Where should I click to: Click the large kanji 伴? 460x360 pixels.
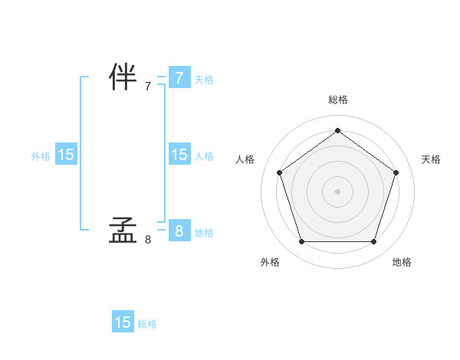pyautogui.click(x=123, y=78)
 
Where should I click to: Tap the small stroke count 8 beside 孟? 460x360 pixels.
pyautogui.click(x=148, y=240)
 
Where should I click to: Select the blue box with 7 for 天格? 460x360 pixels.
pyautogui.click(x=179, y=78)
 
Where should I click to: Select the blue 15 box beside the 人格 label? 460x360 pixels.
pyautogui.click(x=179, y=155)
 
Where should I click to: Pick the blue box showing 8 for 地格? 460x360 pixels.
pyautogui.click(x=179, y=231)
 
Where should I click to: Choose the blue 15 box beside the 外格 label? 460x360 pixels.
pyautogui.click(x=66, y=155)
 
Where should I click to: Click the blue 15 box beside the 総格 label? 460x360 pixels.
pyautogui.click(x=123, y=322)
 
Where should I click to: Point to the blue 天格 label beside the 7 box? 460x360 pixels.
pyautogui.click(x=204, y=80)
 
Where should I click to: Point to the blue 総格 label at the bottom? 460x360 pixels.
pyautogui.click(x=147, y=324)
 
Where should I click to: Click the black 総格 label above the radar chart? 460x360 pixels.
pyautogui.click(x=337, y=100)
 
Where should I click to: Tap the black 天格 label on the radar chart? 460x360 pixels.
pyautogui.click(x=431, y=159)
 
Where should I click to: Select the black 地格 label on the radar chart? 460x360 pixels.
pyautogui.click(x=402, y=262)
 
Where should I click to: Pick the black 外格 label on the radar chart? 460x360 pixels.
pyautogui.click(x=270, y=262)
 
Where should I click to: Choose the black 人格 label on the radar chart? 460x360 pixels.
pyautogui.click(x=245, y=159)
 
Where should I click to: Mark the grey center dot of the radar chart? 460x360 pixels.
pyautogui.click(x=337, y=191)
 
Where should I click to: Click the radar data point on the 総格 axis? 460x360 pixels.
pyautogui.click(x=337, y=130)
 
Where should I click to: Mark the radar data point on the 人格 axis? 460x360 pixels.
pyautogui.click(x=280, y=172)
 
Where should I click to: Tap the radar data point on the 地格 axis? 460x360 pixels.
pyautogui.click(x=373, y=241)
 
